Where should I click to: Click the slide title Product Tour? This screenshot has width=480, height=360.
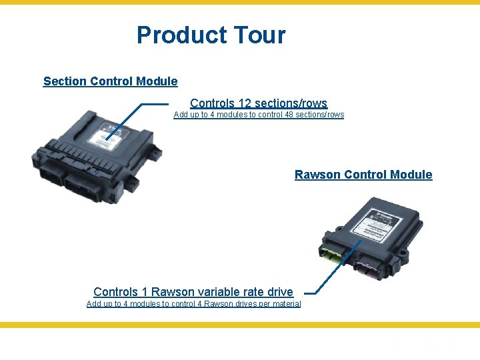pyautogui.click(x=211, y=35)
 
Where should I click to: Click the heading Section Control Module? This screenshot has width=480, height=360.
pyautogui.click(x=110, y=81)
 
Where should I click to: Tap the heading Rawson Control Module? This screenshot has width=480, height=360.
pyautogui.click(x=363, y=175)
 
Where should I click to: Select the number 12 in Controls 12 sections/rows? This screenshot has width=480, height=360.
pyautogui.click(x=245, y=103)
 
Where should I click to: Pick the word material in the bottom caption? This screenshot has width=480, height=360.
pyautogui.click(x=286, y=304)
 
